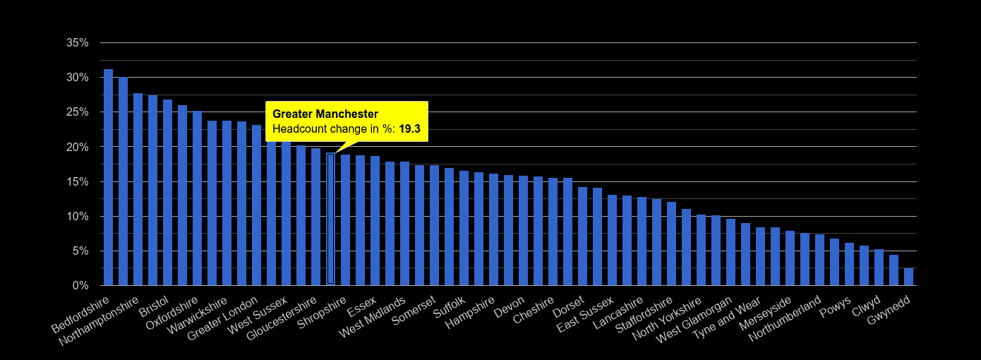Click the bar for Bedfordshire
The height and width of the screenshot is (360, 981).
pos(108,177)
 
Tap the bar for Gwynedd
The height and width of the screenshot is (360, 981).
pos(908,277)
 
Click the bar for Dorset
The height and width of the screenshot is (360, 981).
pos(582,236)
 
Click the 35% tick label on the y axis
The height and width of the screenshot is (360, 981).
pos(77,43)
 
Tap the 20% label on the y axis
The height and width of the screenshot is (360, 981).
pos(77,147)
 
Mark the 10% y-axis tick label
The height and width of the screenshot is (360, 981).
pos(77,217)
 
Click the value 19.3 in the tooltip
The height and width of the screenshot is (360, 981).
pos(409,129)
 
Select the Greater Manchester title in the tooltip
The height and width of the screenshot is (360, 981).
pos(325,114)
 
